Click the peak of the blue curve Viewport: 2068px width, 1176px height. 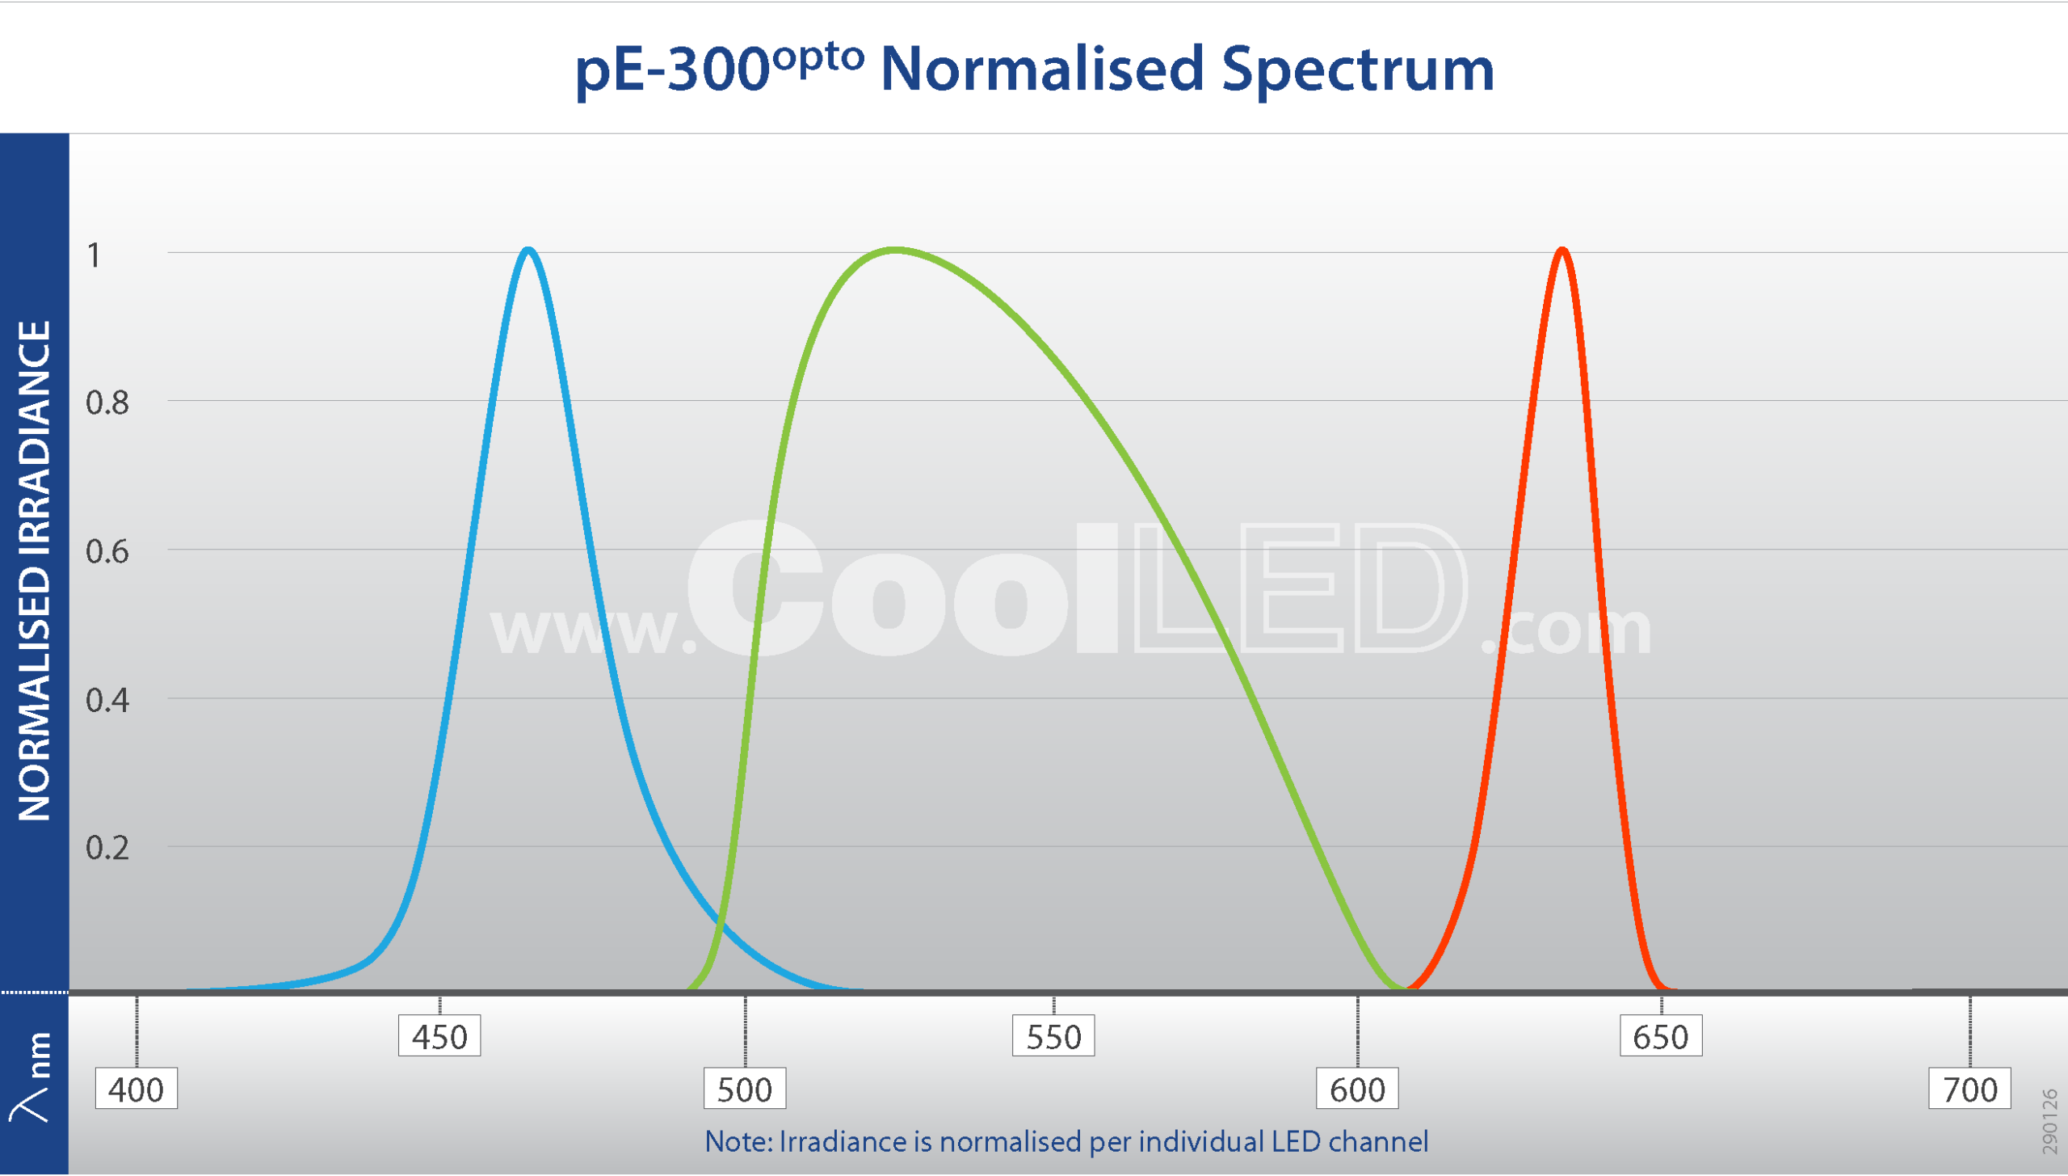(528, 251)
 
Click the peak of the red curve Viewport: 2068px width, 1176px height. (1562, 251)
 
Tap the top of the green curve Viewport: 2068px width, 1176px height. (895, 251)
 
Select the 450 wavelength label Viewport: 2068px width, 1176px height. (439, 1037)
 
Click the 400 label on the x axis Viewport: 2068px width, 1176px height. (136, 1090)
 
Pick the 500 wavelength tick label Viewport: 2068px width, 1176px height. (744, 1090)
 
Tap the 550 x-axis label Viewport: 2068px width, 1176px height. (1053, 1037)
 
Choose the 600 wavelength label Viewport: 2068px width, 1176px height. (1357, 1090)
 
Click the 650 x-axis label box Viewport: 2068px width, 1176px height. (1661, 1037)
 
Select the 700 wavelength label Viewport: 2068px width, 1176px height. (1969, 1090)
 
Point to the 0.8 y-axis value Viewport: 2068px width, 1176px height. (107, 403)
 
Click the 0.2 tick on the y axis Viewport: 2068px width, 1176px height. (107, 848)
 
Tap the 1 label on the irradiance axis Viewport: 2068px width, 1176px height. (95, 255)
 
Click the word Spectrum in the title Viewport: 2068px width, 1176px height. (1357, 70)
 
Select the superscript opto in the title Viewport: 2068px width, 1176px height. (818, 58)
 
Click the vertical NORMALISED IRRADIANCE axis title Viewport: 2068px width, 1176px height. (35, 571)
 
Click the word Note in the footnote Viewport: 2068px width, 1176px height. (738, 1141)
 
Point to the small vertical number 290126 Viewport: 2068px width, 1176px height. (2049, 1122)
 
